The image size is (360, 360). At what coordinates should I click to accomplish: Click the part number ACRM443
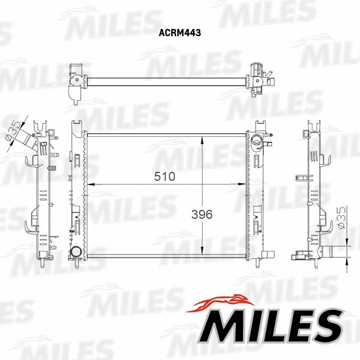(x=180, y=34)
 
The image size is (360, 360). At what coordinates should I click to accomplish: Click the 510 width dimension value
(x=164, y=177)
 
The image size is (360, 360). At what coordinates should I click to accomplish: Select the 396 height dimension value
(x=202, y=213)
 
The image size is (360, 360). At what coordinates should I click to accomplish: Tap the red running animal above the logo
(x=221, y=302)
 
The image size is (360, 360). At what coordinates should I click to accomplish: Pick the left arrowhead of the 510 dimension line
(x=89, y=183)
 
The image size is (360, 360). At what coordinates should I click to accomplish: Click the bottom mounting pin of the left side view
(x=43, y=264)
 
